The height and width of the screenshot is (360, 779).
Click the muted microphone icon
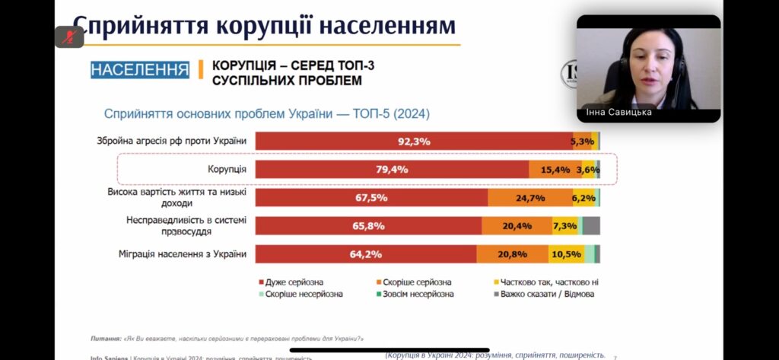pos(69,37)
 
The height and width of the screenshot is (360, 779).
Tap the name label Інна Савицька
pos(618,113)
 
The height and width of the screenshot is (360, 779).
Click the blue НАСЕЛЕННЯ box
pos(140,70)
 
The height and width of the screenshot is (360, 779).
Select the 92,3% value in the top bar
pos(414,141)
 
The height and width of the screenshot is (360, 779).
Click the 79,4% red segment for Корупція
pos(392,170)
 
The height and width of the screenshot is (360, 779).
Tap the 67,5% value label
pos(371,198)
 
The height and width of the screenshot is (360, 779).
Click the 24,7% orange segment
pos(529,198)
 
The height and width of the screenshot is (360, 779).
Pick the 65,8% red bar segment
pos(368,226)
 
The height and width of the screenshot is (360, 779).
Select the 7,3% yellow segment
pos(564,226)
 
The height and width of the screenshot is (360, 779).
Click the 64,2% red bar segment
pos(366,254)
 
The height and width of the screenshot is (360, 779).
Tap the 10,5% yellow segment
pos(566,254)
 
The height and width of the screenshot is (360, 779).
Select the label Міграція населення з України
pos(183,254)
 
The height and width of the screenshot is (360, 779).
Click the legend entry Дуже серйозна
pos(294,282)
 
